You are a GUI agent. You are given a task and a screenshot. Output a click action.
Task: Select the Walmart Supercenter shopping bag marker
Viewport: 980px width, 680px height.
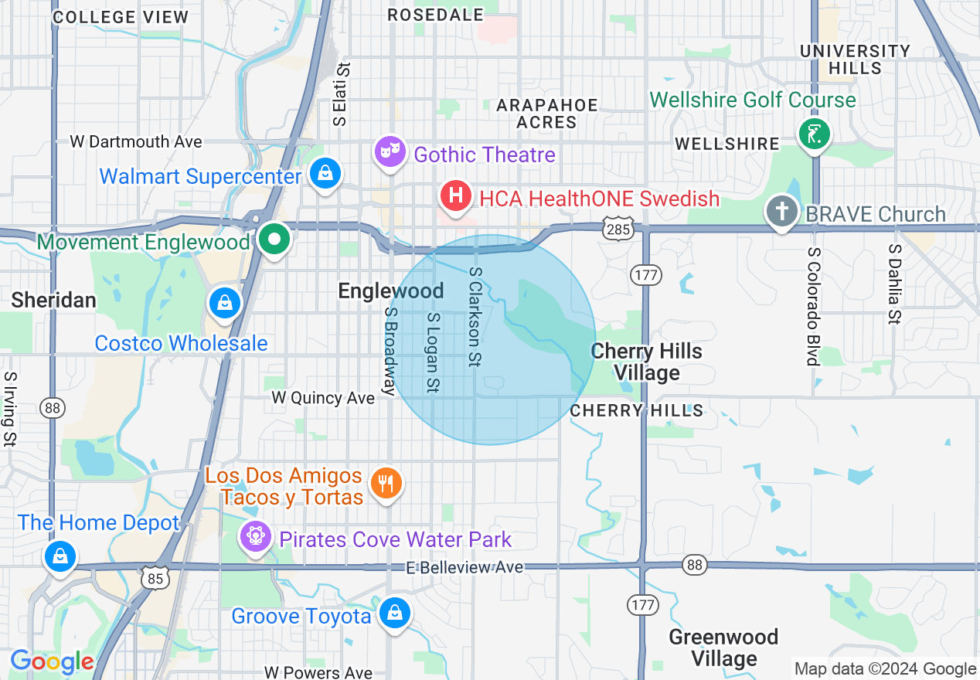click(x=326, y=174)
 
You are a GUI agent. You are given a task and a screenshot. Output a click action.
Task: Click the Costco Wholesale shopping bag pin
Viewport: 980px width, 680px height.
click(x=224, y=303)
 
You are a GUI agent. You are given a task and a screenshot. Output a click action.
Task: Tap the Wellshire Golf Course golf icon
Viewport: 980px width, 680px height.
click(x=814, y=134)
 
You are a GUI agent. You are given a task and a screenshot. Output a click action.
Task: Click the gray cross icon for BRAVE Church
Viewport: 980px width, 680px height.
click(x=781, y=211)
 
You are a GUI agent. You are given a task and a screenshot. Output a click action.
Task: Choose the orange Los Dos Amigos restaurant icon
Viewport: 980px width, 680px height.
click(x=386, y=484)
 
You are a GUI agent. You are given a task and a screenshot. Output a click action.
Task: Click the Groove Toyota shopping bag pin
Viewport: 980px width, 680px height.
click(x=395, y=614)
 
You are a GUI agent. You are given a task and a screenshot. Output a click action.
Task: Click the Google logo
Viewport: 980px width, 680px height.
click(x=52, y=661)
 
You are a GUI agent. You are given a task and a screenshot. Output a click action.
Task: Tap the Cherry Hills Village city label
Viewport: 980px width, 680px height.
click(x=646, y=362)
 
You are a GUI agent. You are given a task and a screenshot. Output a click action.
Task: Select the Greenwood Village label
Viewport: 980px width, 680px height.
click(x=723, y=648)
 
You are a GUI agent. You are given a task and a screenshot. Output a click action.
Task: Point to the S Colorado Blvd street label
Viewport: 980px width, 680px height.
click(x=812, y=306)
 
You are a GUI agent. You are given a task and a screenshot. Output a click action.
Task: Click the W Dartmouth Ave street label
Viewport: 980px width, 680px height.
click(x=136, y=141)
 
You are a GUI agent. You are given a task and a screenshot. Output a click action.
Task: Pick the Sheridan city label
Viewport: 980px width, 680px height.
click(x=53, y=300)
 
